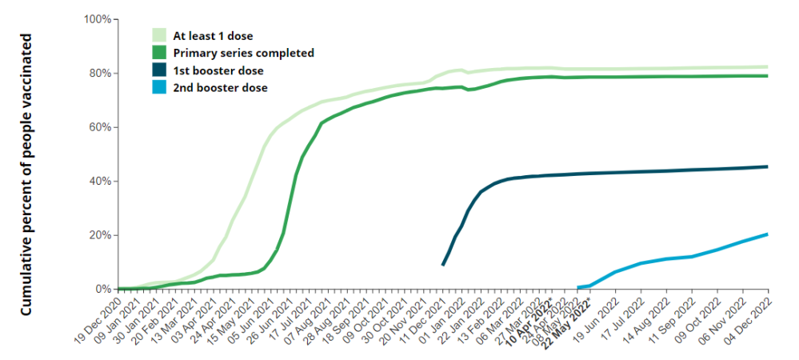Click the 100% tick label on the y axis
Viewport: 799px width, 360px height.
click(x=97, y=19)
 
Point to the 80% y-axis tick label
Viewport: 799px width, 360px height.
click(x=99, y=74)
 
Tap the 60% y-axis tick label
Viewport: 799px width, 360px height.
click(x=99, y=127)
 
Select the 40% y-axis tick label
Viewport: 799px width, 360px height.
click(x=99, y=182)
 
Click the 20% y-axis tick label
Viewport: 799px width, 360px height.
click(x=99, y=235)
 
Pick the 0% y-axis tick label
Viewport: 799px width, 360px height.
click(x=102, y=289)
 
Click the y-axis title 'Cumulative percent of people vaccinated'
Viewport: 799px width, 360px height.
click(x=26, y=174)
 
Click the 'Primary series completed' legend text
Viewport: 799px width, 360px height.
click(x=243, y=54)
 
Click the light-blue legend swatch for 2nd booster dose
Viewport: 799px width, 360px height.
click(x=159, y=88)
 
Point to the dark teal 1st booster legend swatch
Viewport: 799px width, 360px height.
click(x=159, y=70)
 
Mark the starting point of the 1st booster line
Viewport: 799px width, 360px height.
click(x=443, y=265)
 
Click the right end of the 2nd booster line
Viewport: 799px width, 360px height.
click(x=768, y=234)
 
